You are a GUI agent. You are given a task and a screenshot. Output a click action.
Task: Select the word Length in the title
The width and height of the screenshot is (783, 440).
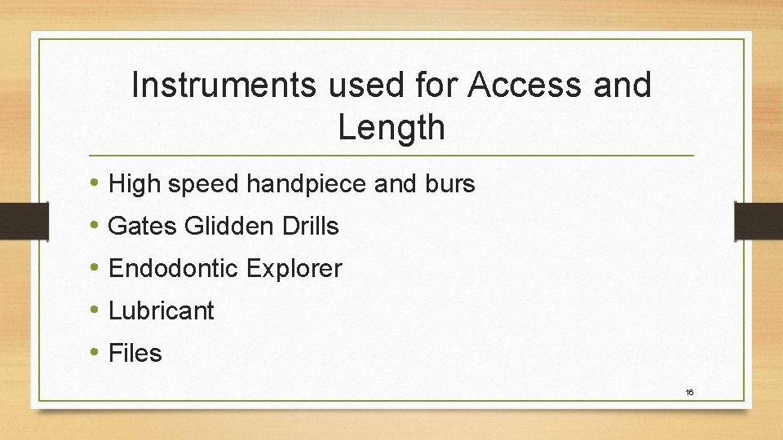[391, 127]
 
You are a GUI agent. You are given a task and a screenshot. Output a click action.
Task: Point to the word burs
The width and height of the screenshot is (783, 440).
[449, 184]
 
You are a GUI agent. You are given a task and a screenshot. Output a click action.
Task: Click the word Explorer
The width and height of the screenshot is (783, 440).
[293, 269]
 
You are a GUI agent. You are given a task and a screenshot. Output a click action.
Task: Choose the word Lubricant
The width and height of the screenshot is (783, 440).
[161, 311]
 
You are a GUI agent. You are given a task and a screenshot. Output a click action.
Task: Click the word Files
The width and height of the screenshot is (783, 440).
[135, 354]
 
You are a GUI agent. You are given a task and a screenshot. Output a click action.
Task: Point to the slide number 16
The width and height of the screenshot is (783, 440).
[689, 393]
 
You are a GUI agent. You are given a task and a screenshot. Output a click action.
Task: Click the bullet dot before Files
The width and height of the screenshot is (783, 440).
[96, 353]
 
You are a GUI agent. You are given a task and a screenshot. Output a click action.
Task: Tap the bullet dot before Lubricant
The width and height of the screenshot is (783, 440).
[96, 310]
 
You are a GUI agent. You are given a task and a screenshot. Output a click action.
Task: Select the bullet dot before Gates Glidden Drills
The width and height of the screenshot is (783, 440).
[96, 226]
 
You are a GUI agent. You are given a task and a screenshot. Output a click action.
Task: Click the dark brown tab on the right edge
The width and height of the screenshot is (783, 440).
[758, 221]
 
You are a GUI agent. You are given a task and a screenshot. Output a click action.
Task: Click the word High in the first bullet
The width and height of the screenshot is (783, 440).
[134, 184]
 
